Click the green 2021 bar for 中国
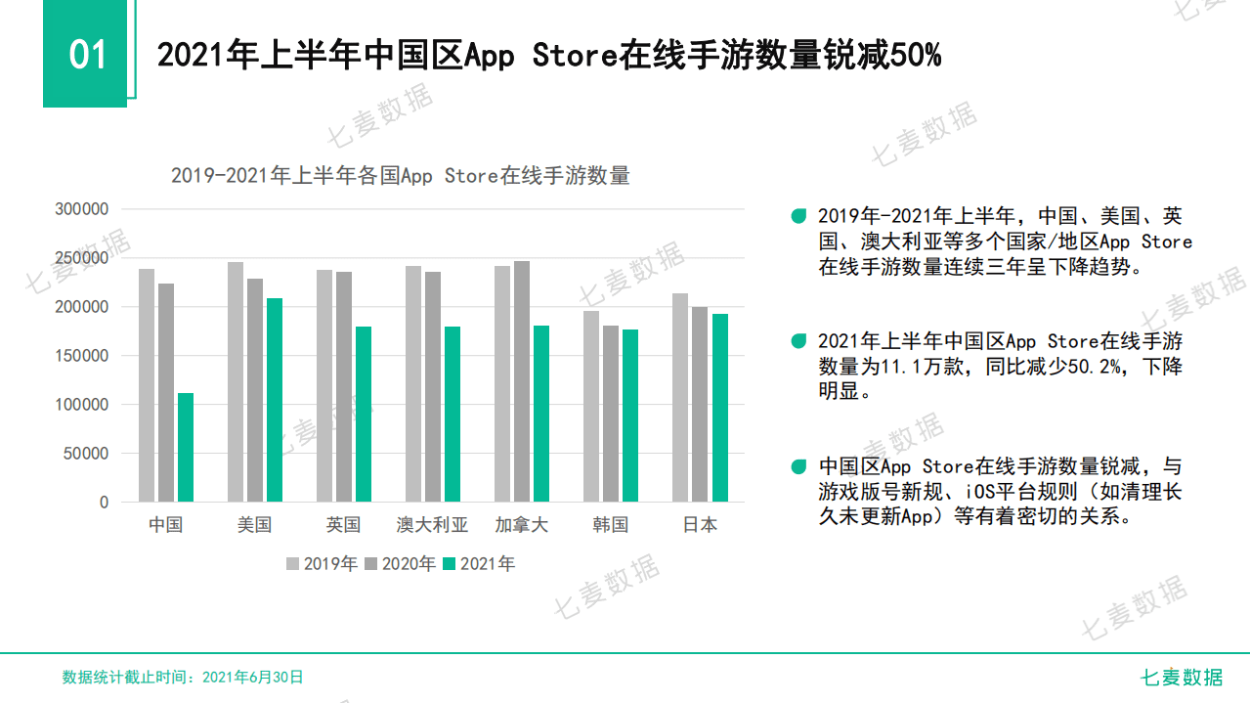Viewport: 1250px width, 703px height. pyautogui.click(x=186, y=448)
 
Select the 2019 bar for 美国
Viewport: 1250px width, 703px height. pyautogui.click(x=236, y=382)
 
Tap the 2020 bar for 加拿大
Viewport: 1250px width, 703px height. pyautogui.click(x=522, y=381)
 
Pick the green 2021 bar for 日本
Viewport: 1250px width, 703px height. pyautogui.click(x=720, y=408)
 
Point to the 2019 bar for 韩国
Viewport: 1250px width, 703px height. pyautogui.click(x=591, y=407)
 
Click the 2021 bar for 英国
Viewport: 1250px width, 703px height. pyautogui.click(x=364, y=415)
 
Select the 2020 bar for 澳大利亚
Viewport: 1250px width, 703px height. pyautogui.click(x=433, y=387)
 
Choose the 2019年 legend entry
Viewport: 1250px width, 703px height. pyautogui.click(x=323, y=564)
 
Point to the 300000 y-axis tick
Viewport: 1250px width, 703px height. pyautogui.click(x=82, y=209)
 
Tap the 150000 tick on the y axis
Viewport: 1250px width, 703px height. pyautogui.click(x=82, y=356)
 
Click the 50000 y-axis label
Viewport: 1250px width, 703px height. pyautogui.click(x=86, y=454)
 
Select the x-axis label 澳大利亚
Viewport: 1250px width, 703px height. pyautogui.click(x=433, y=525)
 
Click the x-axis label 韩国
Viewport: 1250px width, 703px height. pyautogui.click(x=611, y=525)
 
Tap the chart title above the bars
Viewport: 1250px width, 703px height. pyautogui.click(x=400, y=176)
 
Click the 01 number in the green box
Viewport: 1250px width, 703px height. pyautogui.click(x=86, y=55)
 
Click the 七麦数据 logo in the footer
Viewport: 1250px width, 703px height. pyautogui.click(x=1183, y=677)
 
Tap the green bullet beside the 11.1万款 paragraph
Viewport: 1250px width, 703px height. pyautogui.click(x=799, y=341)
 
